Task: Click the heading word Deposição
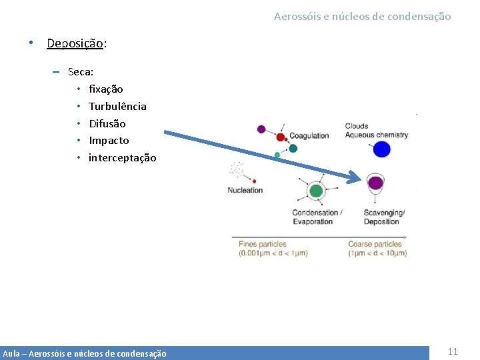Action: [75, 44]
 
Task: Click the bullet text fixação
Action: [105, 89]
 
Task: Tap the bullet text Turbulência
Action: [117, 106]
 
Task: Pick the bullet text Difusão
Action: [107, 123]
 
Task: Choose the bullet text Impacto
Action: [109, 141]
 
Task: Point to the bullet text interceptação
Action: [122, 158]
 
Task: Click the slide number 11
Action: [453, 351]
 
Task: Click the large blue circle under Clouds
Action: [381, 149]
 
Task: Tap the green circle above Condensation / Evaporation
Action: [316, 191]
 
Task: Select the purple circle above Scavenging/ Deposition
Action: [376, 183]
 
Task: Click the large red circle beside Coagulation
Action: [281, 137]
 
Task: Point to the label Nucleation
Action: [245, 191]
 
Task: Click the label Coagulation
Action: [309, 135]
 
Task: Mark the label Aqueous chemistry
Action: [376, 135]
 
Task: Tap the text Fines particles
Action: [263, 244]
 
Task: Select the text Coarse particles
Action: [375, 244]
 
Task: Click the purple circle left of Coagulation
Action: [261, 129]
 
